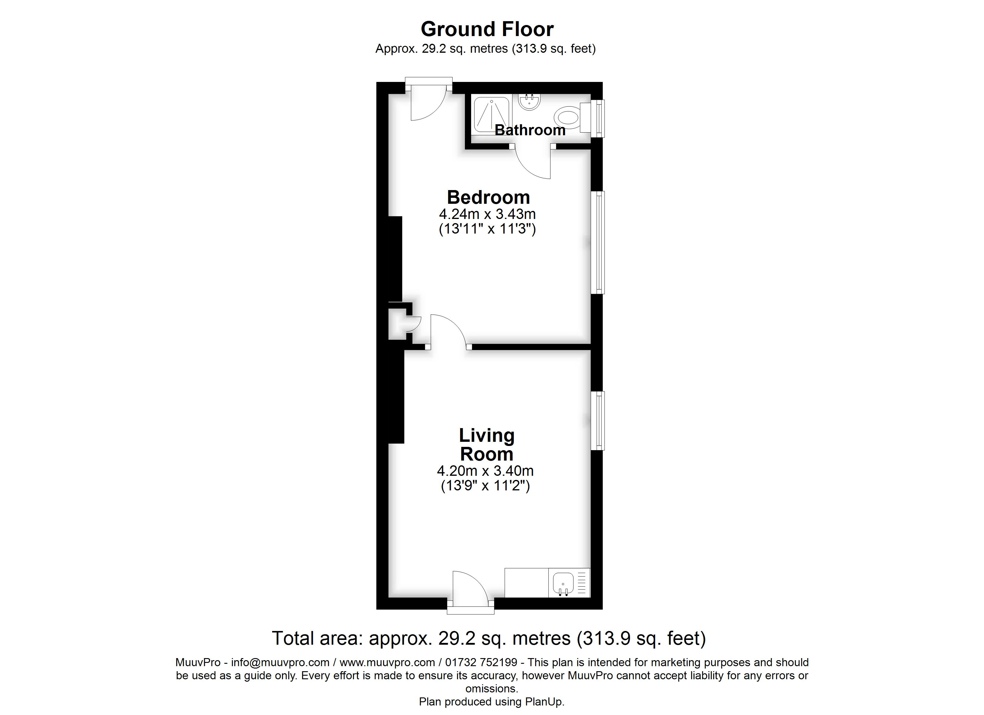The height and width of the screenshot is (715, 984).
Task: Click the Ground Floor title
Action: (x=487, y=29)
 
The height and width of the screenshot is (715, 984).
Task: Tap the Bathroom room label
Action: (x=530, y=130)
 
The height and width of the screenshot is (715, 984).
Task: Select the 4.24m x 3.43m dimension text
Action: (x=487, y=214)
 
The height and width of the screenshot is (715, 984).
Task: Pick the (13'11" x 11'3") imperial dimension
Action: (x=487, y=229)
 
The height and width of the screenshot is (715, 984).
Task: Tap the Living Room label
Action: (x=487, y=445)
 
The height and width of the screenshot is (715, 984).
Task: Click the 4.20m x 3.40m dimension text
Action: (x=485, y=471)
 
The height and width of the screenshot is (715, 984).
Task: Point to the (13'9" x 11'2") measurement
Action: (x=485, y=486)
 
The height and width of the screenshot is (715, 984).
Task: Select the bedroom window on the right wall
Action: (x=598, y=243)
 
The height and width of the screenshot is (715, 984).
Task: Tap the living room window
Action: (x=598, y=421)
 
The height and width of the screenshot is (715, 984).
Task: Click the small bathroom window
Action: (x=598, y=118)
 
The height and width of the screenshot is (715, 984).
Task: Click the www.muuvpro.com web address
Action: (x=387, y=663)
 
